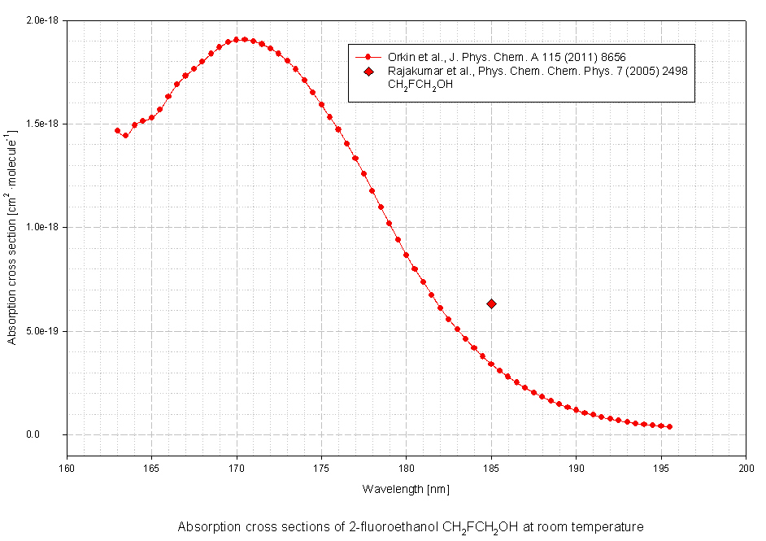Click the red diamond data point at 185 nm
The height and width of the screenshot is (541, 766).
point(491,303)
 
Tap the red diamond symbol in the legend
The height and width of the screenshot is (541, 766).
point(368,72)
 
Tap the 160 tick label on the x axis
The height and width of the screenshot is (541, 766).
point(67,468)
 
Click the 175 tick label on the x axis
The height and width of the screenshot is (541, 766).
point(321,468)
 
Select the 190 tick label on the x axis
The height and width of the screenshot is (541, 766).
point(576,468)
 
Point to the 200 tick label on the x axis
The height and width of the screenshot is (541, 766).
point(746,468)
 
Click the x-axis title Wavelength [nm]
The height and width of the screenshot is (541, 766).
point(406,489)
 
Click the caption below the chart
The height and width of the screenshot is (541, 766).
point(411,527)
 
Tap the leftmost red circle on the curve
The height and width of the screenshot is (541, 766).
point(117,130)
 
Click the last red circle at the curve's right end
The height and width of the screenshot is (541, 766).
point(669,426)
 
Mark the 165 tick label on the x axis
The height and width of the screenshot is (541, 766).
point(151,468)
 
